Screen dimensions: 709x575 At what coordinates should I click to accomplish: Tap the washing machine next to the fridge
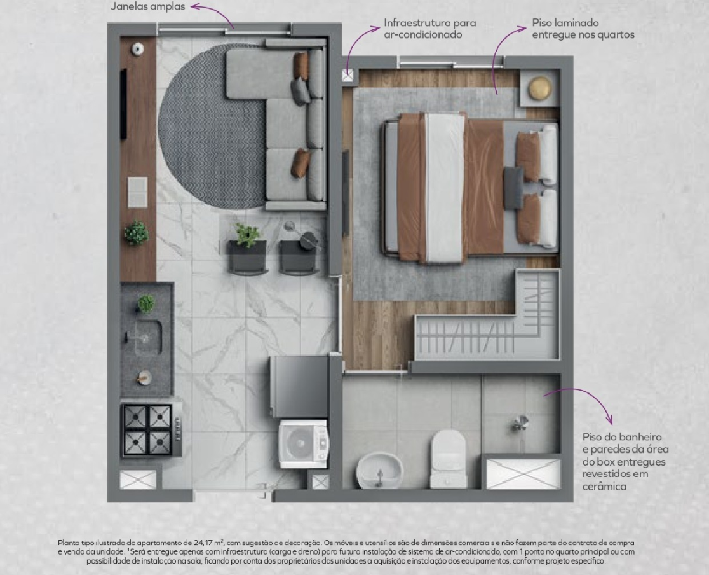[x=304, y=444]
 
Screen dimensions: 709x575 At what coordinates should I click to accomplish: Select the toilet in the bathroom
[x=448, y=458]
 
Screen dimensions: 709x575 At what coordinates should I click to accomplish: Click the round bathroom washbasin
[x=379, y=471]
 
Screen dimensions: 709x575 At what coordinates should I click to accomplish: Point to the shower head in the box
[x=521, y=424]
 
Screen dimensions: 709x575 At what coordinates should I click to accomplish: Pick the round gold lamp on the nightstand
[x=540, y=88]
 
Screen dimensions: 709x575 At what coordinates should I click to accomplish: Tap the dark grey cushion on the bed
[x=514, y=188]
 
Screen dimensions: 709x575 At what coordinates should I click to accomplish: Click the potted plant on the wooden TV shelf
[x=137, y=233]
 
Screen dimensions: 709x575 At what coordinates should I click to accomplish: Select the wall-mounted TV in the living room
[x=123, y=104]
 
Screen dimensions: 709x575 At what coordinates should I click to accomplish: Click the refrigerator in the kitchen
[x=299, y=386]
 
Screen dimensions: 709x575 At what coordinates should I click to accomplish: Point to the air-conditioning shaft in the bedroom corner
[x=348, y=75]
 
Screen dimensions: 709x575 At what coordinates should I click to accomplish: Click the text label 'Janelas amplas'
[x=148, y=7]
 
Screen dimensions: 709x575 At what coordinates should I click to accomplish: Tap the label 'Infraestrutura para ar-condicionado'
[x=430, y=29]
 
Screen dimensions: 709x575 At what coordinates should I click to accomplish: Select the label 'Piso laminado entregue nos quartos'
[x=583, y=29]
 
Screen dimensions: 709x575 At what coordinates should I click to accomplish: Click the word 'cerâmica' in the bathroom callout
[x=605, y=487]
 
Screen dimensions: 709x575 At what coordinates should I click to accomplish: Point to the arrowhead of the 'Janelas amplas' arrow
[x=192, y=6]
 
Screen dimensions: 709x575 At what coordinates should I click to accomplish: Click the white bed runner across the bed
[x=445, y=188]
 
